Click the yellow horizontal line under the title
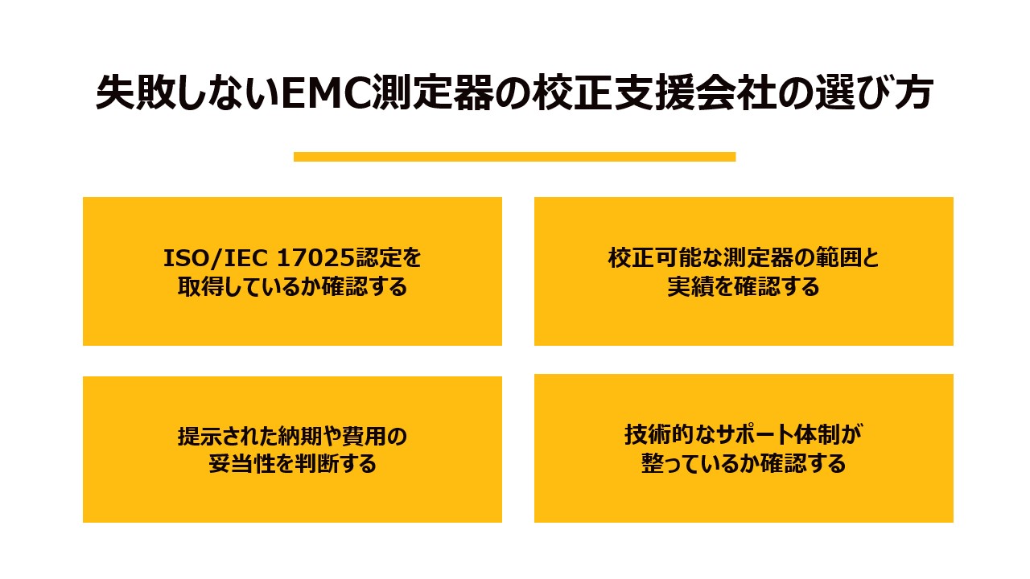514,157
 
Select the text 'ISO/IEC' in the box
216,258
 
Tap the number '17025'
310,258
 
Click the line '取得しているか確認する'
292,286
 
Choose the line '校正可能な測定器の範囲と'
744,258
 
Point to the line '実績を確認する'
744,286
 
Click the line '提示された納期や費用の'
292,437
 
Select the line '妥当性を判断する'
292,465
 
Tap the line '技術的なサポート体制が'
744,435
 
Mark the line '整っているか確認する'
744,464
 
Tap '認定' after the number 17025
373,258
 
